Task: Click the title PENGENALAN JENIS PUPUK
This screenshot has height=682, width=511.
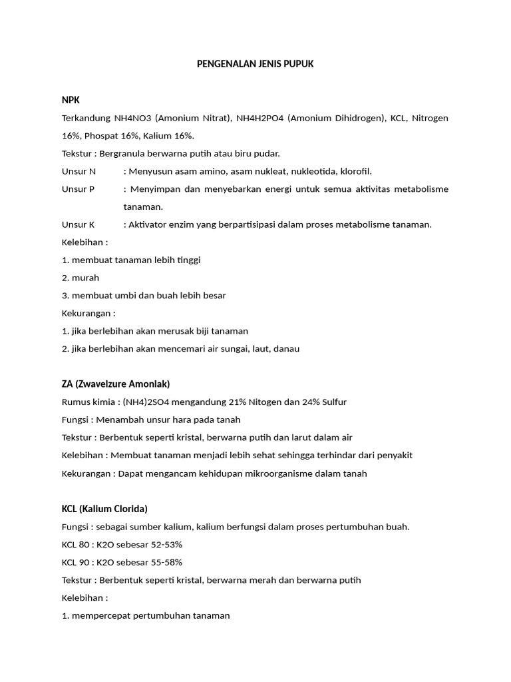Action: [x=255, y=65]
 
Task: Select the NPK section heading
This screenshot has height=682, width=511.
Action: [x=71, y=100]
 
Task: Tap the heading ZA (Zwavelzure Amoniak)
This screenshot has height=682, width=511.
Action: [x=116, y=384]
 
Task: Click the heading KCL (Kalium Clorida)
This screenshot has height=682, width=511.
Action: [x=104, y=509]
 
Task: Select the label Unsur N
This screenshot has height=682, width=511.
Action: [x=79, y=171]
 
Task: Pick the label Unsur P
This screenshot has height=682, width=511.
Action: [x=79, y=189]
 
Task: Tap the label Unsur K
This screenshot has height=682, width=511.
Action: [x=79, y=224]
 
